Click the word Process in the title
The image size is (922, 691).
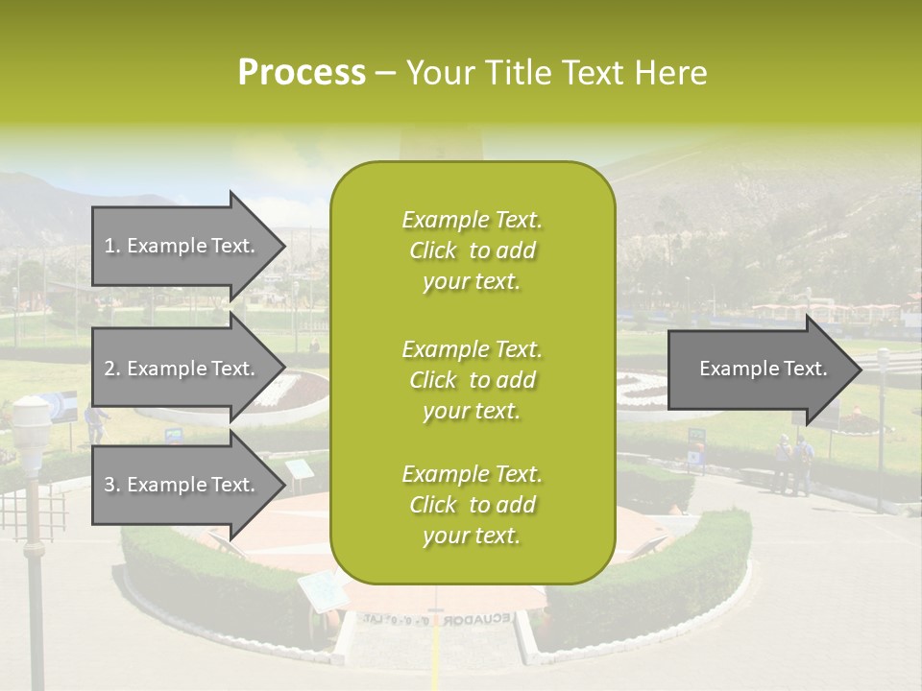click(x=302, y=73)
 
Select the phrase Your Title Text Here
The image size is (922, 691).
click(x=557, y=73)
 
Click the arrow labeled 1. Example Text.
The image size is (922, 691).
click(x=182, y=246)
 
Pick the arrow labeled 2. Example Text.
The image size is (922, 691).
click(x=182, y=369)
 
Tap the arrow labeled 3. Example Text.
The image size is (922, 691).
click(x=182, y=485)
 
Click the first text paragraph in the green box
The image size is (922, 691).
click(x=472, y=250)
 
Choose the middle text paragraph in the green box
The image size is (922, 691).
click(x=472, y=380)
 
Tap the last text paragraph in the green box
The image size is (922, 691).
click(x=472, y=505)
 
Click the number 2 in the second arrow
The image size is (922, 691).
click(x=109, y=369)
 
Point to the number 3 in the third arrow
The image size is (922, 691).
click(x=109, y=485)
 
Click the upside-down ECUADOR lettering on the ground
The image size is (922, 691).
click(x=477, y=619)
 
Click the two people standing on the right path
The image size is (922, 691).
click(x=792, y=464)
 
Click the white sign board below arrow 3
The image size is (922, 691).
click(x=301, y=469)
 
